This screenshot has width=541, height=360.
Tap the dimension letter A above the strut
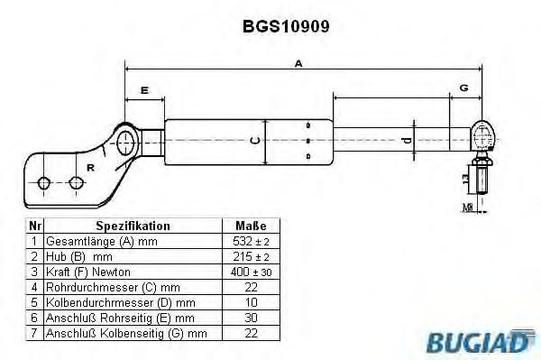coord(298,62)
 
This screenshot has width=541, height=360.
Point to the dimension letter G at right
coord(463,88)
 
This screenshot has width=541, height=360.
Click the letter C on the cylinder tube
coord(255,140)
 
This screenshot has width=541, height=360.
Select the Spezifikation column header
coord(133,226)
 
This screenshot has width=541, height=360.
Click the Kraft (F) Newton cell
coord(87,272)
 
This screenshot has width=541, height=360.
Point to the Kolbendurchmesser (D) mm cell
coord(115,303)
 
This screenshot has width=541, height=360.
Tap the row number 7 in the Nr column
coord(33,334)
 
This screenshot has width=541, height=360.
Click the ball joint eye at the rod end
coord(483,137)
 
